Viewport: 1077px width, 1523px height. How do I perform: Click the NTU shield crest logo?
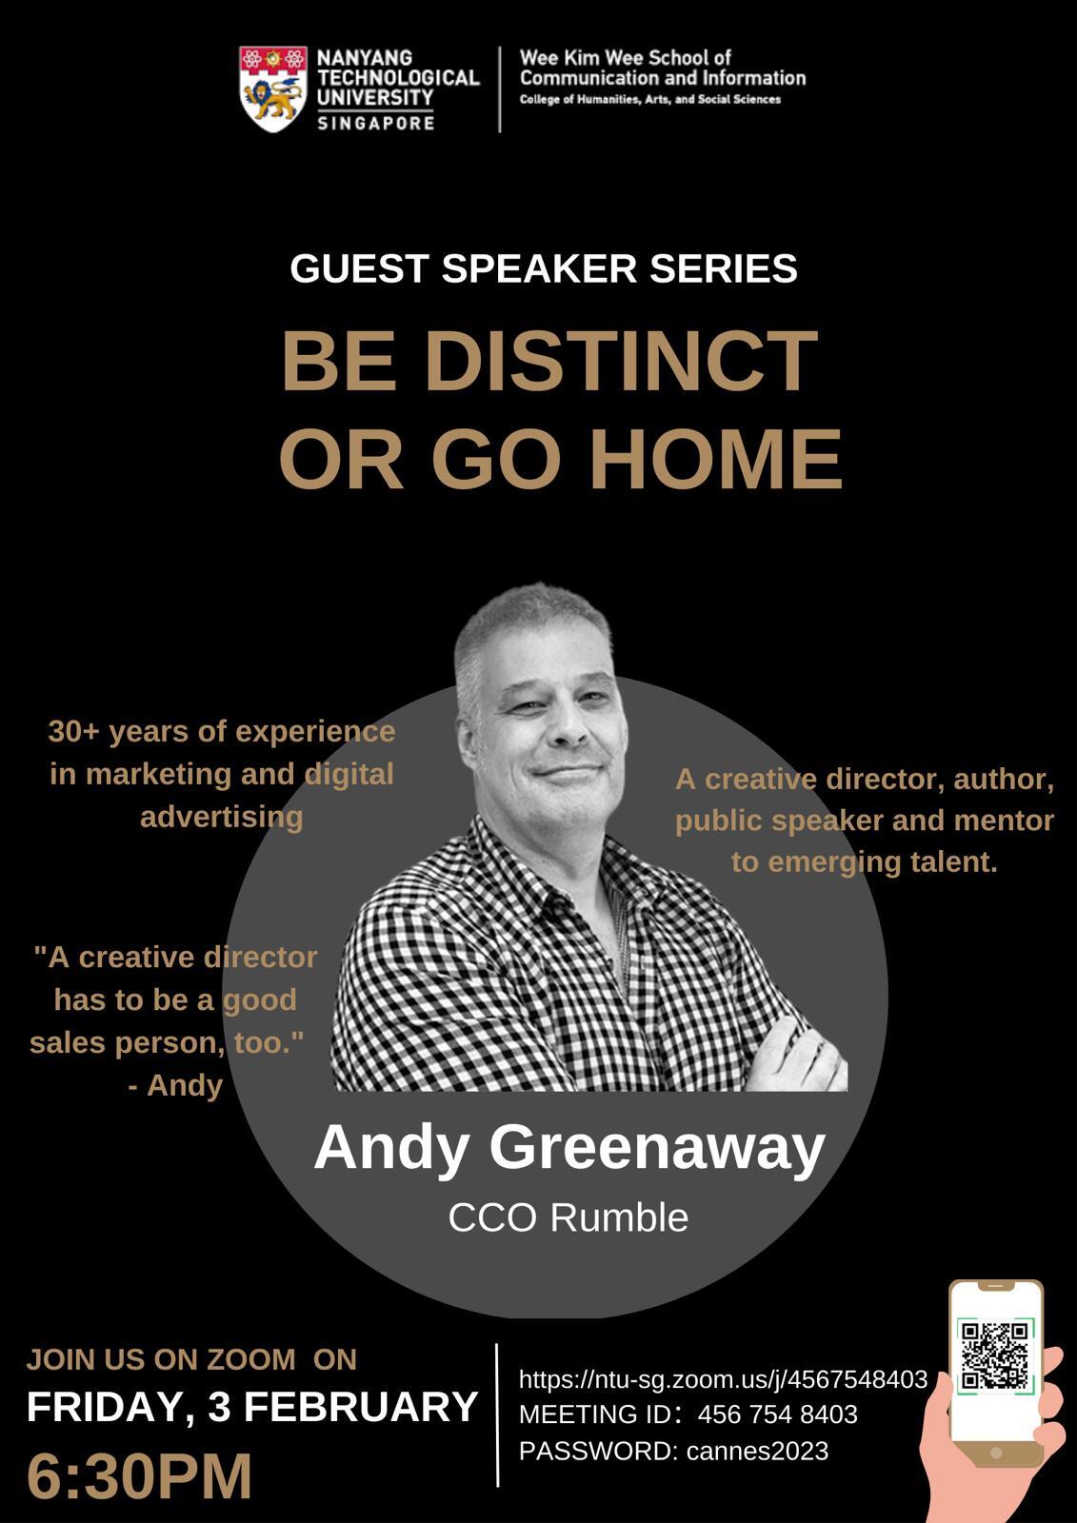273,89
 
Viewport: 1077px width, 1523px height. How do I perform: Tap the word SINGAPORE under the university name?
375,123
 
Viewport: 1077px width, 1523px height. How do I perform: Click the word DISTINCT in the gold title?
621,361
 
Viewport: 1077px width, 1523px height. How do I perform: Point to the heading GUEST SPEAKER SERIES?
544,267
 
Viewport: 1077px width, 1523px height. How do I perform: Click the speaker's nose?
570,730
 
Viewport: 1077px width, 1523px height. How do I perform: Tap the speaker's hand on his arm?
796,1053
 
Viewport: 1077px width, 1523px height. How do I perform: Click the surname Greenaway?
657,1147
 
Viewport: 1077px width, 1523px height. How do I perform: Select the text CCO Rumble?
568,1217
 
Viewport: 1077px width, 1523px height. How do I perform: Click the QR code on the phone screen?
995,1355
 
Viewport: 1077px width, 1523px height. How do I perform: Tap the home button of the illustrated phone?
996,1453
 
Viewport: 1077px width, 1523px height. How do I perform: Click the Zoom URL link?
723,1379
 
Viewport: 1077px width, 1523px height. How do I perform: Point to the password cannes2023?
757,1451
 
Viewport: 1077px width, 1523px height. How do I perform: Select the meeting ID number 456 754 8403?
778,1414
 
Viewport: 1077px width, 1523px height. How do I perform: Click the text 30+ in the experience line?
75,732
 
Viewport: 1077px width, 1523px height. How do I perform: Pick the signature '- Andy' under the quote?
175,1085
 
